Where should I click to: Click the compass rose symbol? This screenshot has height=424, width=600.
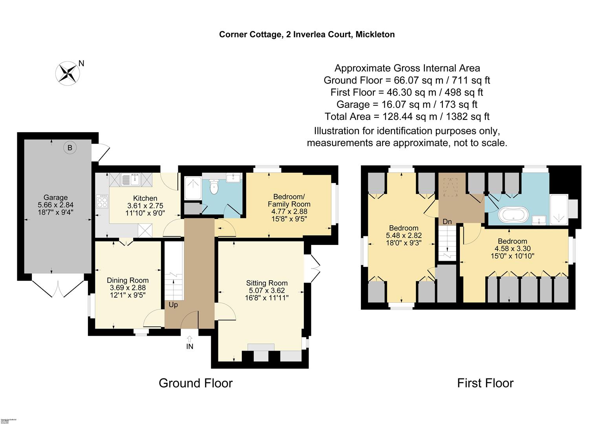pyautogui.click(x=68, y=73)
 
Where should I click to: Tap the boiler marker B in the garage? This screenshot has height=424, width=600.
pyautogui.click(x=70, y=148)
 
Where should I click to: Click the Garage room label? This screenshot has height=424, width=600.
pyautogui.click(x=55, y=197)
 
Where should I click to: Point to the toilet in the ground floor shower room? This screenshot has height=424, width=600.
pyautogui.click(x=214, y=187)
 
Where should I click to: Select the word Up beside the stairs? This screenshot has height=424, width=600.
pyautogui.click(x=173, y=305)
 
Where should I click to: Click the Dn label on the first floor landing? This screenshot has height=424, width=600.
pyautogui.click(x=447, y=222)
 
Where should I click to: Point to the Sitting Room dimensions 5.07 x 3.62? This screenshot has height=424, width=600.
pyautogui.click(x=267, y=291)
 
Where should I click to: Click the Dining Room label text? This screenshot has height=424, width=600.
pyautogui.click(x=128, y=280)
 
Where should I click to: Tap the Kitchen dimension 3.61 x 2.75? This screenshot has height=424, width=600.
pyautogui.click(x=145, y=206)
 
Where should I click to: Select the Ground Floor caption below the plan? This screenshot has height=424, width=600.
pyautogui.click(x=196, y=383)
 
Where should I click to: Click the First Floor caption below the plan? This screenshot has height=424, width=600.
pyautogui.click(x=485, y=383)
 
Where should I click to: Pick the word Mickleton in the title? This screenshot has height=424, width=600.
pyautogui.click(x=375, y=35)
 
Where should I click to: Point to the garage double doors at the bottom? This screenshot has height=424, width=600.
pyautogui.click(x=58, y=289)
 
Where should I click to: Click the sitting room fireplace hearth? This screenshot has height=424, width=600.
pyautogui.click(x=261, y=347)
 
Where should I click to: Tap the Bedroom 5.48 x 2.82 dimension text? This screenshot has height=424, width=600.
pyautogui.click(x=403, y=236)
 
